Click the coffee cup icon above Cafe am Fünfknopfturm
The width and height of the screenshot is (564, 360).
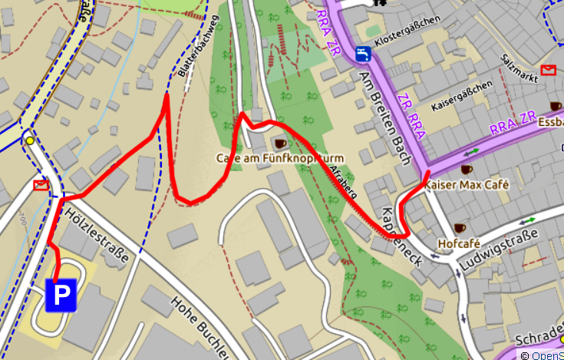(280, 143)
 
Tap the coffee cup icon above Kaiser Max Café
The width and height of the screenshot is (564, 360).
(466, 169)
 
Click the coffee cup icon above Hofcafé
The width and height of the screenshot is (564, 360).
(460, 228)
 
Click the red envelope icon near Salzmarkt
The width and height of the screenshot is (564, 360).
(548, 71)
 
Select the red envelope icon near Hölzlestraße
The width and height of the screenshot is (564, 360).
(41, 185)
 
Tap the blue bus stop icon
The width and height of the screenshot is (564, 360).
(364, 54)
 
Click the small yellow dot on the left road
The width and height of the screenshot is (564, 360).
(30, 140)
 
